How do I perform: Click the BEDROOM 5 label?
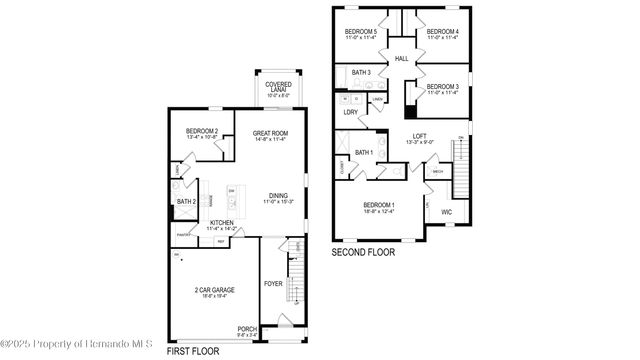click(x=361, y=32)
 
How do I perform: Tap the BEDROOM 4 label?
click(x=442, y=32)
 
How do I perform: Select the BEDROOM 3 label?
click(x=441, y=87)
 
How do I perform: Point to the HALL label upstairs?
click(x=402, y=60)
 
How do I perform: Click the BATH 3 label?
click(x=361, y=73)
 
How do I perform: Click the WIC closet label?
click(x=447, y=212)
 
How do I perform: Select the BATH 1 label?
click(x=364, y=152)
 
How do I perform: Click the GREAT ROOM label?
click(x=270, y=133)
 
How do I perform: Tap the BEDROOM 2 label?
click(x=201, y=133)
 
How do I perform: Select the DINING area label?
click(x=278, y=196)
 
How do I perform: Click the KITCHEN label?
click(x=222, y=223)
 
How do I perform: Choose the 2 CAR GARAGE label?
click(x=216, y=291)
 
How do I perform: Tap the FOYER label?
click(x=273, y=283)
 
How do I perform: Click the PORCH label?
click(x=246, y=328)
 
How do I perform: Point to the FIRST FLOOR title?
click(x=190, y=350)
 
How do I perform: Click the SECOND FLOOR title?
click(x=363, y=252)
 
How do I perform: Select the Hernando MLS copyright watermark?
click(x=76, y=346)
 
